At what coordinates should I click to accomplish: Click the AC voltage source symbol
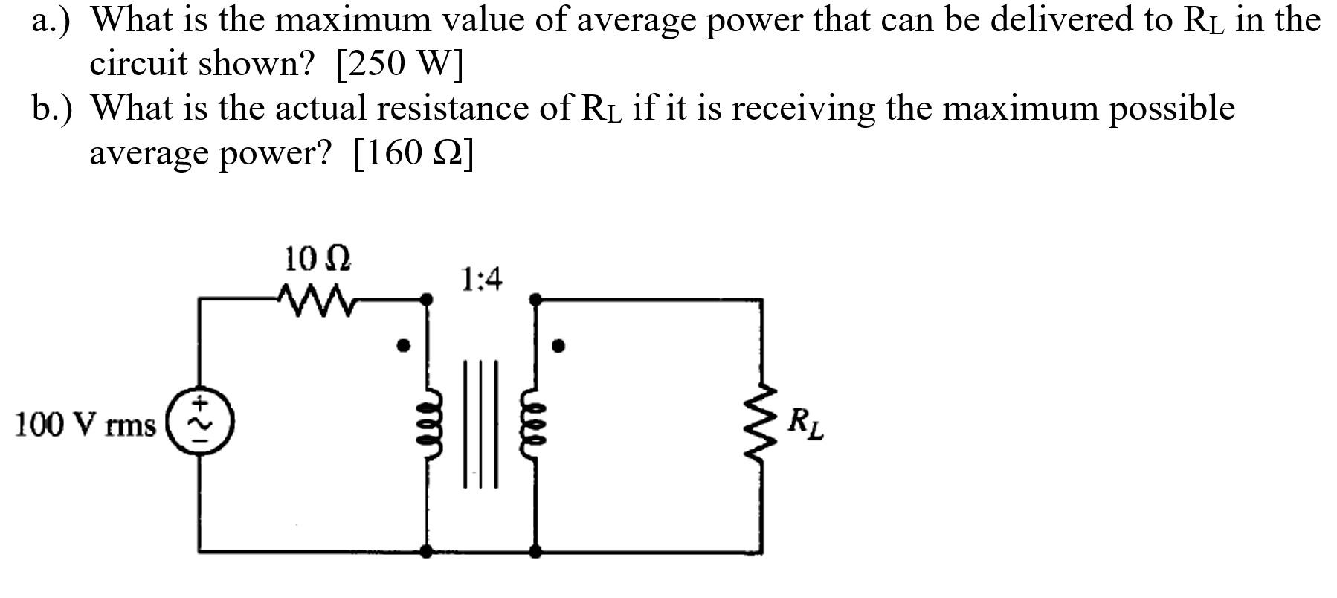point(199,422)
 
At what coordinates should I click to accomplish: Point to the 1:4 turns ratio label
point(481,280)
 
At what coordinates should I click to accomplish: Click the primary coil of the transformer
point(427,427)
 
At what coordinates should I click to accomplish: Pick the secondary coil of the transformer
point(535,427)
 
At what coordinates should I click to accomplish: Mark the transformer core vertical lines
point(480,424)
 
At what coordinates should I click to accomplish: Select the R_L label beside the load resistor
point(805,424)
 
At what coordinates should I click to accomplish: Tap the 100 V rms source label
point(86,425)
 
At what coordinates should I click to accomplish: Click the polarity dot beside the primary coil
point(403,345)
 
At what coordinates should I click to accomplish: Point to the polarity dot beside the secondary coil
point(558,345)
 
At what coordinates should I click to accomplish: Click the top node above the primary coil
point(426,299)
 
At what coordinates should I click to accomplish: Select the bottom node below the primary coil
point(426,551)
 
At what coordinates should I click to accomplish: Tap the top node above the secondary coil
point(535,299)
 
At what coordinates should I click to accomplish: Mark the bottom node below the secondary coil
point(535,551)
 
